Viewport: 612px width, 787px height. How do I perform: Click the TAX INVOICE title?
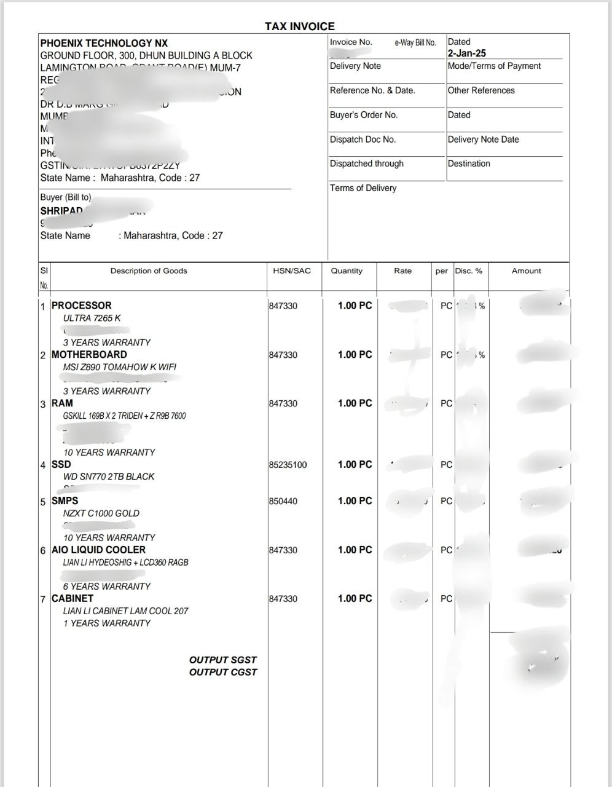[x=300, y=26]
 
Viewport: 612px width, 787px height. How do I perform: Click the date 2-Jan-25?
[x=466, y=53]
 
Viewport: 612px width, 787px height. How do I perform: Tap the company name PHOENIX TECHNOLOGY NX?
[x=104, y=43]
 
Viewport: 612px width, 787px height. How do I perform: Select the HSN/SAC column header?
[x=292, y=271]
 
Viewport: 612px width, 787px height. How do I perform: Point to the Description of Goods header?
[x=149, y=271]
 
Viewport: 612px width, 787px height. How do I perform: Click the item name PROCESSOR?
[x=82, y=306]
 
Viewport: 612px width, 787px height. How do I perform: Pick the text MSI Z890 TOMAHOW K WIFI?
[x=119, y=367]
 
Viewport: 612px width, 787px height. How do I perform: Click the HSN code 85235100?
[x=288, y=465]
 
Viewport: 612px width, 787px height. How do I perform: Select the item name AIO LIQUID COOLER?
[x=98, y=550]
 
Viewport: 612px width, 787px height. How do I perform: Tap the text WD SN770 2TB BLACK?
[x=109, y=477]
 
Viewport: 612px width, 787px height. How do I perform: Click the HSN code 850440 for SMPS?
[x=283, y=501]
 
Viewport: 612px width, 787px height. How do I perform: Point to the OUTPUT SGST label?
[x=222, y=660]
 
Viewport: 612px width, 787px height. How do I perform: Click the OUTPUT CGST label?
[x=222, y=672]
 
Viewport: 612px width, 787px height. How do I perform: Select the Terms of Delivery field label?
[x=363, y=188]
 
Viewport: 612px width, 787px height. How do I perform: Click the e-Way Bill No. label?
[x=415, y=42]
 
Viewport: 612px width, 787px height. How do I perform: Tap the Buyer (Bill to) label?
[x=65, y=197]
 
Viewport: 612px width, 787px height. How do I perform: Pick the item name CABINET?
[x=73, y=598]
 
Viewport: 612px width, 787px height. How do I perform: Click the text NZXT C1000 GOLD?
[x=101, y=513]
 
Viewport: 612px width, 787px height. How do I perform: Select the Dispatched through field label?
[x=367, y=164]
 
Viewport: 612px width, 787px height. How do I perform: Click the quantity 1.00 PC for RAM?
[x=355, y=403]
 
